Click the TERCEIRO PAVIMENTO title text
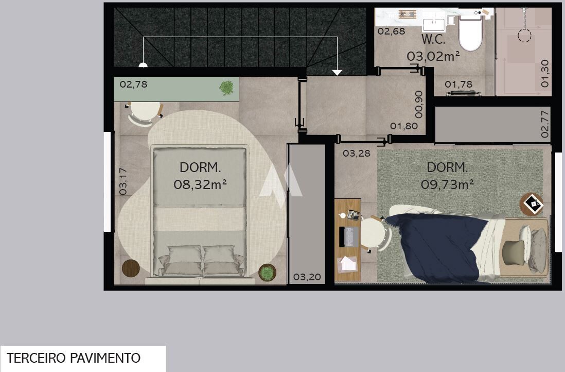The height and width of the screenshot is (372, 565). (x=74, y=358)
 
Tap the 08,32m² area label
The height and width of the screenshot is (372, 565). (x=200, y=184)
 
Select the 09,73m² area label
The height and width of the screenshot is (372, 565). (x=447, y=184)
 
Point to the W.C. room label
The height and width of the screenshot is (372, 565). (x=433, y=40)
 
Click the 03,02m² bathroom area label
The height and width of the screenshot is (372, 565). (x=433, y=56)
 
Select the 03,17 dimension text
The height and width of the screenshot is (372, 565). (x=123, y=181)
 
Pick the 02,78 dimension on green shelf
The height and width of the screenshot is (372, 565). (x=133, y=84)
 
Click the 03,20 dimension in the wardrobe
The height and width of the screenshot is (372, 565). (x=307, y=277)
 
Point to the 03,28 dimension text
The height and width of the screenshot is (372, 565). (x=357, y=154)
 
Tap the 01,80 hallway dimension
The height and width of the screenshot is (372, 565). (x=404, y=126)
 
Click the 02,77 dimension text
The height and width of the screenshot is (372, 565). (x=544, y=124)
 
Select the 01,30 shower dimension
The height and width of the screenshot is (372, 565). (x=544, y=74)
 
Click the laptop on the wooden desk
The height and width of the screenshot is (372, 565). (x=349, y=236)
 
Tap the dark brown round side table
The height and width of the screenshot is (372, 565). (x=131, y=268)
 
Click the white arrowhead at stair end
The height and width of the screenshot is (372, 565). (x=337, y=73)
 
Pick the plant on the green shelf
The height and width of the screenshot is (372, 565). (x=226, y=88)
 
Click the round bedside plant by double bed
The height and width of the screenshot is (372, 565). (x=268, y=273)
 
